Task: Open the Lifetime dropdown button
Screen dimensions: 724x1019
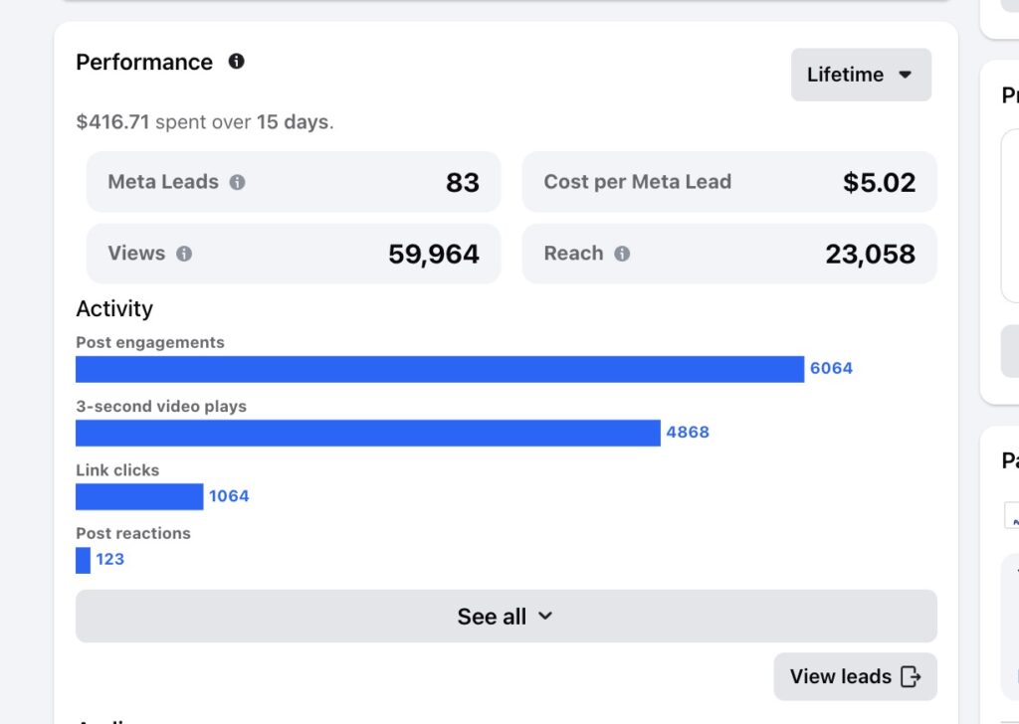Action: (x=861, y=75)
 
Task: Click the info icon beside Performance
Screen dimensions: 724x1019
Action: (x=236, y=62)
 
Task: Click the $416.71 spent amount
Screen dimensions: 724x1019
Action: (x=112, y=122)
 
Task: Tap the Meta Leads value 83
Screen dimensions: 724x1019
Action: (x=463, y=183)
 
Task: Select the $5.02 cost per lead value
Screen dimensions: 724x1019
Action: (x=879, y=183)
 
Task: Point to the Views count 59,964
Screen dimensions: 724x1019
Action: (x=434, y=255)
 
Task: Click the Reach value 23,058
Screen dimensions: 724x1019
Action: (x=870, y=255)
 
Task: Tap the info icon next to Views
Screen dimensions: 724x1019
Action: (x=184, y=254)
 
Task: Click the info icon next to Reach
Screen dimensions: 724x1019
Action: (x=622, y=254)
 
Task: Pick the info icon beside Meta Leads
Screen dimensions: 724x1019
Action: (x=237, y=182)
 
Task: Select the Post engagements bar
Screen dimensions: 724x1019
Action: (x=439, y=369)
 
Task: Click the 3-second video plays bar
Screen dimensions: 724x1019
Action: (x=367, y=433)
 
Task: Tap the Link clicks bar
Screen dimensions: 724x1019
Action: (x=139, y=496)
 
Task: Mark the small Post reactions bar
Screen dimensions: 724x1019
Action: (x=83, y=560)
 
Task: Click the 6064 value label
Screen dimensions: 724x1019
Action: (x=831, y=368)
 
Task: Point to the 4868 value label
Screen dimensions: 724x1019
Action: (x=688, y=433)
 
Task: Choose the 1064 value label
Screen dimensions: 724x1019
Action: (x=229, y=496)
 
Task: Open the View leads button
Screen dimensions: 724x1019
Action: (x=855, y=677)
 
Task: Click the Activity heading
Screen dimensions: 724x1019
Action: (x=114, y=308)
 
